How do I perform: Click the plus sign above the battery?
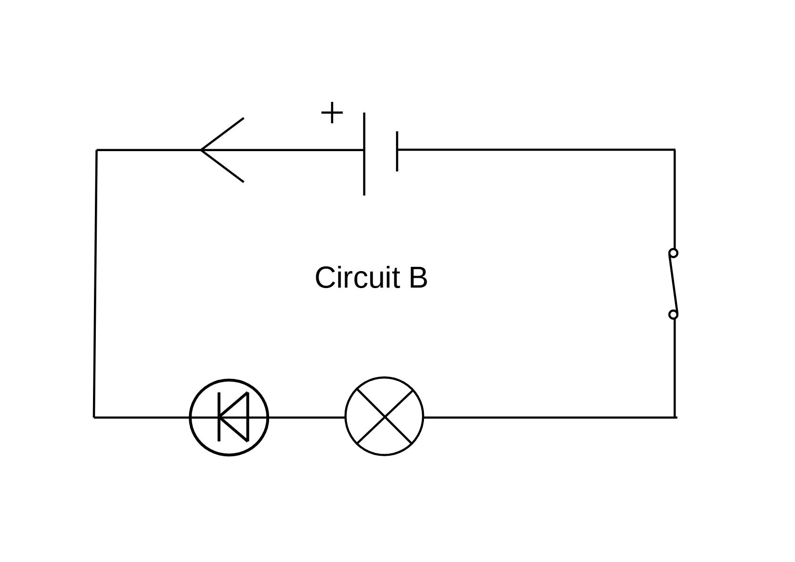(x=332, y=113)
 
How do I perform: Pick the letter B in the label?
(x=418, y=278)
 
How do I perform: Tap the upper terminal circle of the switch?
(x=673, y=253)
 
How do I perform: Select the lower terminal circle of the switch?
(x=673, y=315)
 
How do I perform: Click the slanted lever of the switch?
(x=674, y=283)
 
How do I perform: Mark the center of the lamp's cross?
(x=385, y=417)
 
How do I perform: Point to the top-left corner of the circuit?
(x=97, y=150)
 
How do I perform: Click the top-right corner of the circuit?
(x=674, y=150)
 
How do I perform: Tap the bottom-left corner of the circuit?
(x=94, y=417)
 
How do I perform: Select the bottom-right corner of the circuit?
(x=675, y=417)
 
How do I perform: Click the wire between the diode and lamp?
(x=306, y=417)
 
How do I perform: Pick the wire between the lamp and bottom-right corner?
(x=548, y=417)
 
